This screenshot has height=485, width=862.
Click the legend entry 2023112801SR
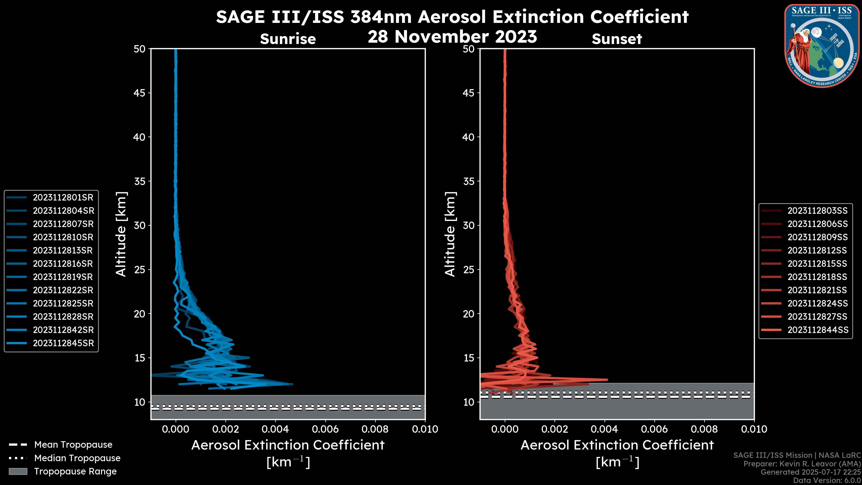63,198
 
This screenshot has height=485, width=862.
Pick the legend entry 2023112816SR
63,264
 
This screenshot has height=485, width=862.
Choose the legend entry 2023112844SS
818,330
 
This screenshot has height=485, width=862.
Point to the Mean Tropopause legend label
73,445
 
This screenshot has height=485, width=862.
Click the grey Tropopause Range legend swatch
18,471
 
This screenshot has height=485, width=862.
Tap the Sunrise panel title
288,39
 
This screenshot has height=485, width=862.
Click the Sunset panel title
617,39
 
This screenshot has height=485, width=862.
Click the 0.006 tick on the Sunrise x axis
325,429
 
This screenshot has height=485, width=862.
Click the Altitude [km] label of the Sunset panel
450,234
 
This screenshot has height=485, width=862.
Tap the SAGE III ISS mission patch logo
822,46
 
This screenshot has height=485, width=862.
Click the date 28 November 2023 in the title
452,37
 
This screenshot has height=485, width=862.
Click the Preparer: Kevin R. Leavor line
802,464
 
